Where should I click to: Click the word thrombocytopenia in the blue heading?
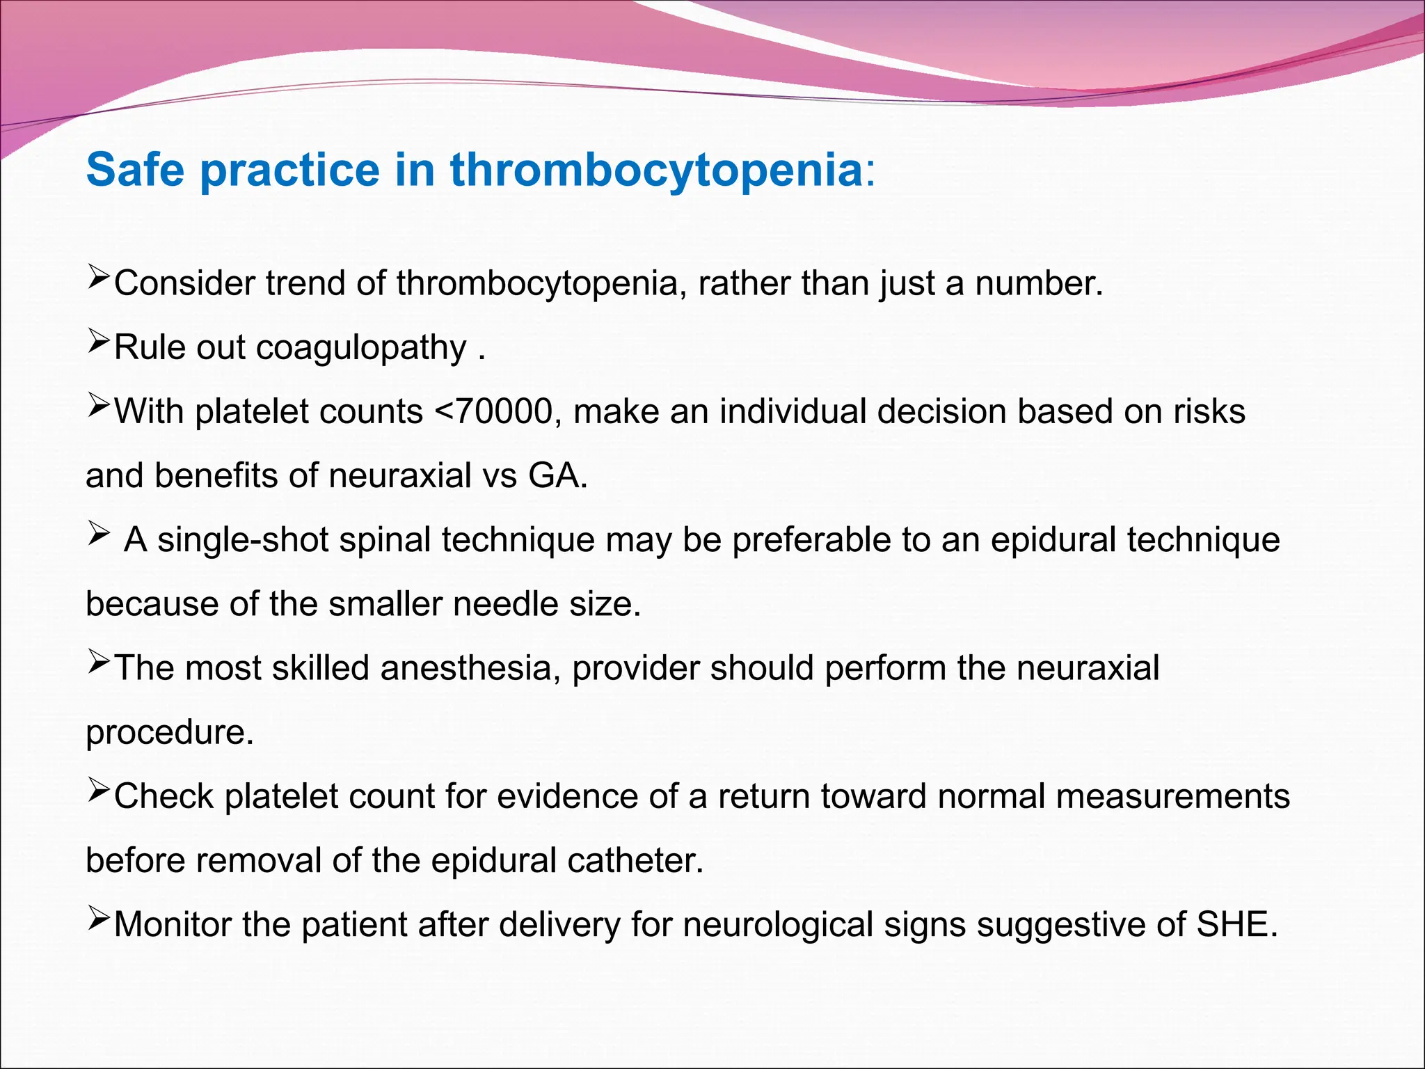[656, 171]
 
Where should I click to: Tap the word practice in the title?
[290, 171]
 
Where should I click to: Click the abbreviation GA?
[557, 476]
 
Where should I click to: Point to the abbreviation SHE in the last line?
[1236, 925]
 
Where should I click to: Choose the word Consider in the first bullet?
[184, 284]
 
